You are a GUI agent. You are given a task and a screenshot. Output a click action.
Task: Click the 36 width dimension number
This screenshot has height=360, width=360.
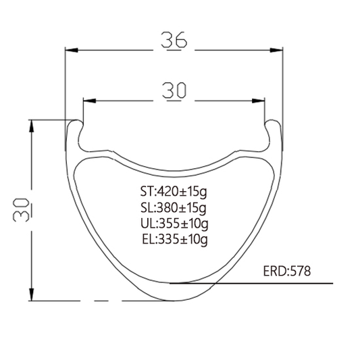(x=174, y=40)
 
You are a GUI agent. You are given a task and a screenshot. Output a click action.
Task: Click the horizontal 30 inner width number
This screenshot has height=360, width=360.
(x=174, y=91)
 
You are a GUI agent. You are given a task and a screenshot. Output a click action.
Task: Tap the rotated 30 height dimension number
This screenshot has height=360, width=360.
(x=22, y=210)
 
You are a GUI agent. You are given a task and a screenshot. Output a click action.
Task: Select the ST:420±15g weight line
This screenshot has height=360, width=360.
(x=174, y=192)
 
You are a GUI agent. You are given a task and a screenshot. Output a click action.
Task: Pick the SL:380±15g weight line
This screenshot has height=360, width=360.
(x=174, y=208)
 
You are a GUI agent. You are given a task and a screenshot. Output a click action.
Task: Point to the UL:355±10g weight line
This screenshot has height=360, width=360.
(x=174, y=224)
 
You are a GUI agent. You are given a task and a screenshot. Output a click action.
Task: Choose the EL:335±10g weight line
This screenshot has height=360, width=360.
(x=175, y=239)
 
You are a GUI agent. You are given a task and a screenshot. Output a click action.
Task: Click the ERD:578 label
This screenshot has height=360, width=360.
(x=287, y=271)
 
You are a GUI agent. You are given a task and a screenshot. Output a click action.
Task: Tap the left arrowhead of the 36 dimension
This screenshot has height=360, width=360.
(x=72, y=50)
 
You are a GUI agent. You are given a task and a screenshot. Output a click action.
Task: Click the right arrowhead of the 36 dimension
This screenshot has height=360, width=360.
(x=276, y=50)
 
